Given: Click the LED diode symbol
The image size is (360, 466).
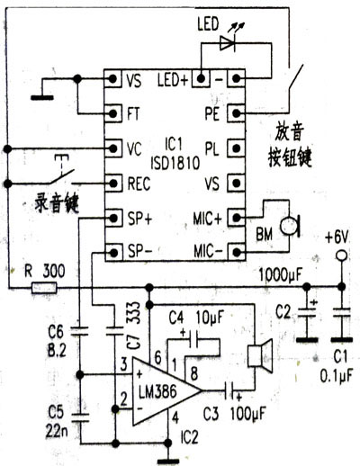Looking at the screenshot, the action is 227,43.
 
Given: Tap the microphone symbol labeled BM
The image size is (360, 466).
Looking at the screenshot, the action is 290,227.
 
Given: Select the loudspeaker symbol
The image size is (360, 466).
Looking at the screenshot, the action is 260,356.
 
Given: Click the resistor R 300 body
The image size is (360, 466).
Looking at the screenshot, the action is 44,288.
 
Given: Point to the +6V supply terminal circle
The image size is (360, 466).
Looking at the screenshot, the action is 341,255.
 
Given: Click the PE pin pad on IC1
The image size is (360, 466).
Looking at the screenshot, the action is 237,113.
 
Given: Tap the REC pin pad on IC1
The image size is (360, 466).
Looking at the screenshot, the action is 113,183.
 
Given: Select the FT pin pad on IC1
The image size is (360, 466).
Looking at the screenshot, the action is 113,113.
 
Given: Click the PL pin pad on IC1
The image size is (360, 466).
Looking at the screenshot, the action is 237,148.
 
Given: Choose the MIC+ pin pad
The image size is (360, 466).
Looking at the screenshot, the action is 237,218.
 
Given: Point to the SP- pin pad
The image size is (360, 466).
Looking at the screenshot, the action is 113,253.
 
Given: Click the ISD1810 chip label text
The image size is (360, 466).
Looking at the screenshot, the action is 175,163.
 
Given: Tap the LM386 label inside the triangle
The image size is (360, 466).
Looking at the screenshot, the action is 157,392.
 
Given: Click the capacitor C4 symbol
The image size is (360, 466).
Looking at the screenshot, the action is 193,339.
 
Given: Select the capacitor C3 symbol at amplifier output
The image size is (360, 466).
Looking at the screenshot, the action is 230,390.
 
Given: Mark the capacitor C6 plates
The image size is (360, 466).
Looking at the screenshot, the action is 79,331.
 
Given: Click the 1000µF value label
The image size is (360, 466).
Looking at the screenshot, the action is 281,274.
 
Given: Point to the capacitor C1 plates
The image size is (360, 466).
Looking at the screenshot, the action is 341,312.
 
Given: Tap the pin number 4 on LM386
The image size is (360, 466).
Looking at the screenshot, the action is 175,417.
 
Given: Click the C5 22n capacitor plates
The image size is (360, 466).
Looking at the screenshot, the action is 79,417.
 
